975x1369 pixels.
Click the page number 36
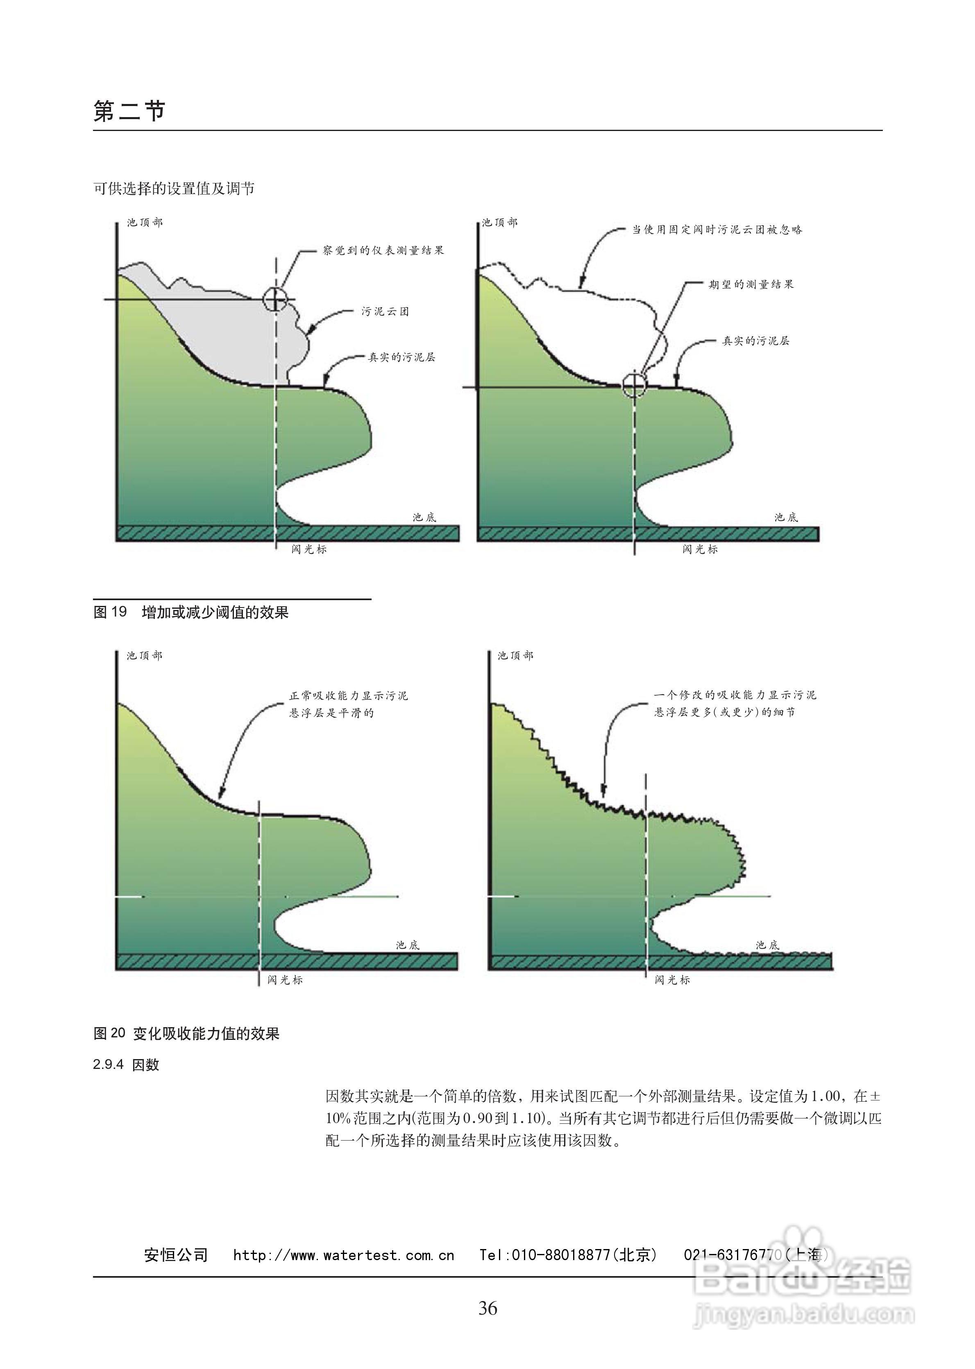(x=487, y=1308)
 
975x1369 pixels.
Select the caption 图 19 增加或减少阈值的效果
(x=191, y=612)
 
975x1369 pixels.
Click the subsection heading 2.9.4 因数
(x=126, y=1064)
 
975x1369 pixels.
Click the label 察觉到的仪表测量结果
(x=383, y=250)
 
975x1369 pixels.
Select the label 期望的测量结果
(x=751, y=285)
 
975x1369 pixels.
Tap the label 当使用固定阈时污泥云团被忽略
(x=717, y=230)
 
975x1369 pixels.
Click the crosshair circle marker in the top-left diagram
(x=275, y=299)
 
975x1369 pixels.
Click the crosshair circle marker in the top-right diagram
(x=633, y=386)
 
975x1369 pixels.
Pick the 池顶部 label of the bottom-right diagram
(x=515, y=656)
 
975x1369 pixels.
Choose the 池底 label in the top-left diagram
(x=424, y=517)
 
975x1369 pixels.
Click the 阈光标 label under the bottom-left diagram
(x=285, y=980)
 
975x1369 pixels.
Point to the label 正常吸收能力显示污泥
(x=348, y=696)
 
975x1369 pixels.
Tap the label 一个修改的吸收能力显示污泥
(x=735, y=695)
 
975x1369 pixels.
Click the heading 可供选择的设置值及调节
(x=174, y=188)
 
